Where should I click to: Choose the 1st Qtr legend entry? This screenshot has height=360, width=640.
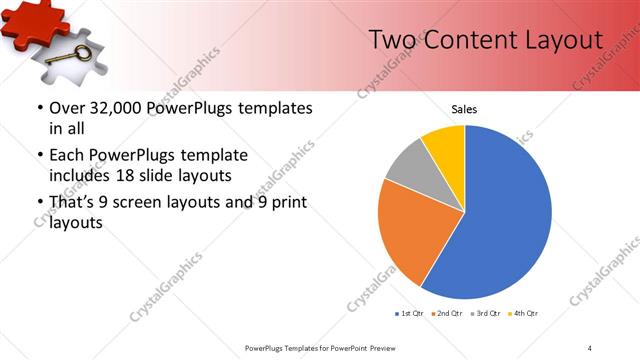pos(410,314)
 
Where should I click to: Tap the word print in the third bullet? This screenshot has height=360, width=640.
pos(284,203)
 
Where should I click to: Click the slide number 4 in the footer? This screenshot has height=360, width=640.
pos(590,347)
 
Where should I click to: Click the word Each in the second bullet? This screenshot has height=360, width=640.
pos(67,155)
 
